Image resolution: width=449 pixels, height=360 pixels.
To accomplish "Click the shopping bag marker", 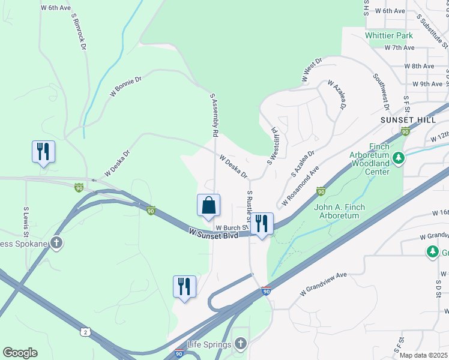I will tap(208, 205).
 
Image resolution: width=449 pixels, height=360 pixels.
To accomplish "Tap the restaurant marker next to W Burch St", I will tap(261, 224).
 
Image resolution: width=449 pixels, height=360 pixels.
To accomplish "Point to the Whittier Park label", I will tap(390, 35).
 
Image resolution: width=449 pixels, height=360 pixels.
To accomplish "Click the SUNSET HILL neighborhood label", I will tap(408, 120).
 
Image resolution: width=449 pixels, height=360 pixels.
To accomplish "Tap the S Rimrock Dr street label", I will tap(79, 33).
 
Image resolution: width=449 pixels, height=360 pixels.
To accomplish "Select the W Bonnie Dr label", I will tap(125, 86).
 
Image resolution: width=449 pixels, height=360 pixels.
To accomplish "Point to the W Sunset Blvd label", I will tap(213, 232).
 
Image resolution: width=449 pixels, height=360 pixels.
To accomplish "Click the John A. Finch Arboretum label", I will tap(340, 211).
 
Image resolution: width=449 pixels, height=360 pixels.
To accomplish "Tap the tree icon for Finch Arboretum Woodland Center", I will tap(397, 158).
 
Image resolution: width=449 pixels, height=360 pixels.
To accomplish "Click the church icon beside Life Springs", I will tap(241, 343).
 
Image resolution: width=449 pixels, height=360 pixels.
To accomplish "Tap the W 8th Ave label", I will tap(419, 66).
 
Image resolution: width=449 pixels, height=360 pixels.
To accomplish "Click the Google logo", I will tap(20, 352).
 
